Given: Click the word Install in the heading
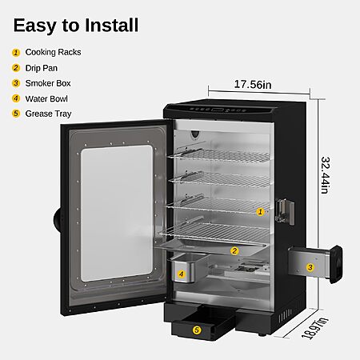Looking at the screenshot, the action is pos(112,26).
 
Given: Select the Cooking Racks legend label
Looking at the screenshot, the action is pos(53,52).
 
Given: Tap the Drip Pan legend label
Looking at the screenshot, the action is pos(42,68).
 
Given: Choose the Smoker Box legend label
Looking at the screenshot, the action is pos(48,83).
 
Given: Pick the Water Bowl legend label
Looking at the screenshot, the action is pos(46,98).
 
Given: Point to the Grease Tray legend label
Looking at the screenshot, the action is pos(48,114).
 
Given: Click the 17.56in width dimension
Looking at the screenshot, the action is pos(253,85).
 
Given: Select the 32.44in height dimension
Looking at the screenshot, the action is pos(326,175).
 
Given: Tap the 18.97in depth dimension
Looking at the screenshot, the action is pos(314,328).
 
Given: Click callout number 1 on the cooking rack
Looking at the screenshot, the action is pos(260,212).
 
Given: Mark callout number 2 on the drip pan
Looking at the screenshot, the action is pos(234,250).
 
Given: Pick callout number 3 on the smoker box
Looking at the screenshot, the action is pos(310,267).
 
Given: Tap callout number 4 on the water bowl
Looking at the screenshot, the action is pos(182,274).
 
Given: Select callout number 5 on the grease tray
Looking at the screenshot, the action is pos(197,330).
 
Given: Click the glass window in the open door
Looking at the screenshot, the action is pos(117,213).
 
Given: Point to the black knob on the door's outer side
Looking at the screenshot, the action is pos(58,218).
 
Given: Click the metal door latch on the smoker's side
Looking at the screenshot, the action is pos(285,212).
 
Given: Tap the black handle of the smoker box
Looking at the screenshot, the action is pos(336,264).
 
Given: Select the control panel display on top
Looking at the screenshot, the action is pos(218,110).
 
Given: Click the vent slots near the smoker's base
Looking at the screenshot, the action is pos(286,316).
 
